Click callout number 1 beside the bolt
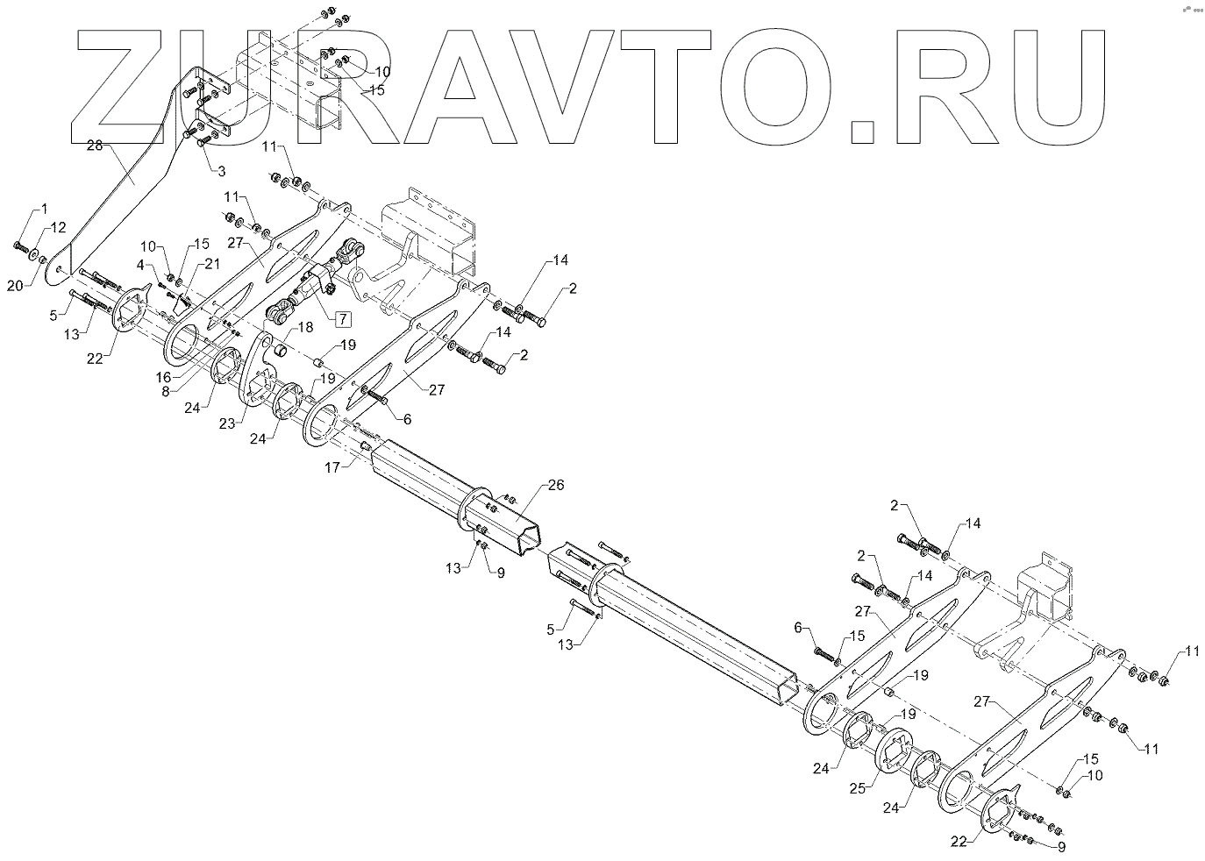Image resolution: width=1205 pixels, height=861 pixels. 41,210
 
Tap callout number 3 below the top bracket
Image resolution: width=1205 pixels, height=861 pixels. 222,170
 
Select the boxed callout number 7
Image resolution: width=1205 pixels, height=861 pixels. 342,319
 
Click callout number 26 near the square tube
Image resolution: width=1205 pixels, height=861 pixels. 556,484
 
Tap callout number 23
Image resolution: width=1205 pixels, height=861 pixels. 228,423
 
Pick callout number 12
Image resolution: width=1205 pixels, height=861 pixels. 57,227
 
